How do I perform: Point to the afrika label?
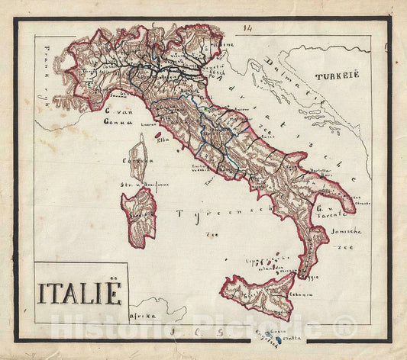click(147, 313)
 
